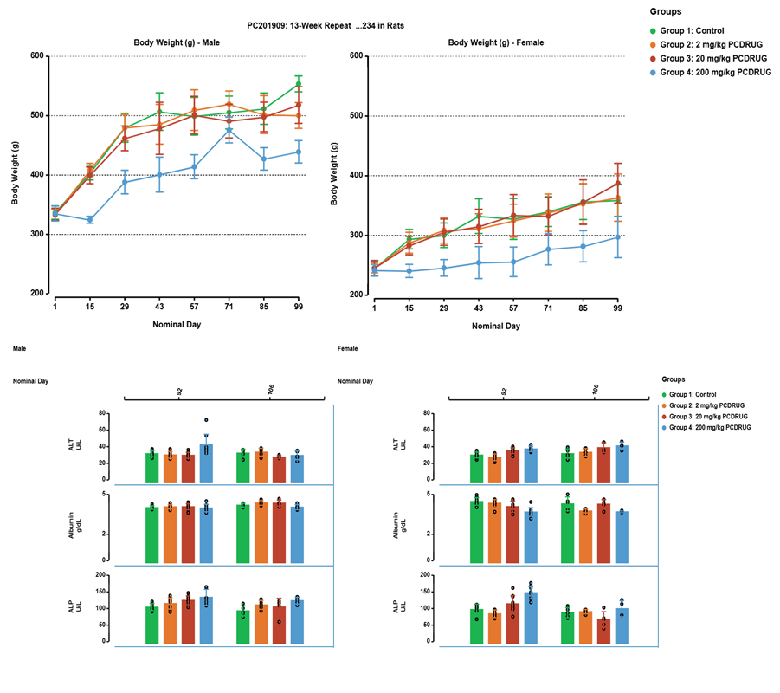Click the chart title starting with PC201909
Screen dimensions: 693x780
click(x=324, y=25)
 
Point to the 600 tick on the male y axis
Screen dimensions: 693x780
click(x=36, y=56)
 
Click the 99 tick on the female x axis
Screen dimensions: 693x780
click(x=617, y=307)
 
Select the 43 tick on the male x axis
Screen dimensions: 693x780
click(x=159, y=307)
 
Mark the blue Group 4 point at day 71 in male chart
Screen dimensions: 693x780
click(x=229, y=130)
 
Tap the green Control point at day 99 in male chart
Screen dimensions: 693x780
click(x=298, y=84)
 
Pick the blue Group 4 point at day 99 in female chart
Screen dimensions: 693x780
click(x=617, y=236)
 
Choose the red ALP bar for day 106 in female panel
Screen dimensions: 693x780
click(x=603, y=631)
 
